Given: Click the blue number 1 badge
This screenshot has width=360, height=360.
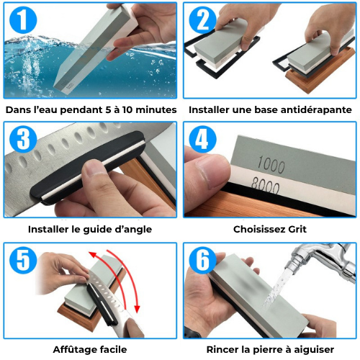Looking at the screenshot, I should [24, 23].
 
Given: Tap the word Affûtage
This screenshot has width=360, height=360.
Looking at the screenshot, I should [73, 349].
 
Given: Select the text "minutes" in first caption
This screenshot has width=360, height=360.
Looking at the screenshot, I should [153, 110].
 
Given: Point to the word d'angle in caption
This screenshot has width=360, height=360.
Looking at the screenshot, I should [134, 230].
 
